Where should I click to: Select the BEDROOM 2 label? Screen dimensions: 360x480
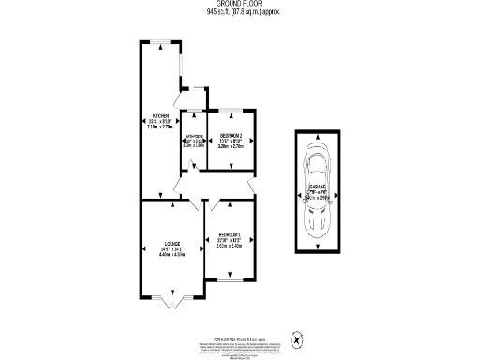pos(230,135)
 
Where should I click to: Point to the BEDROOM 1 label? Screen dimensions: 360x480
pos(230,234)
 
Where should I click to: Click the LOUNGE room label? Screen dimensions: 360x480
pos(170,243)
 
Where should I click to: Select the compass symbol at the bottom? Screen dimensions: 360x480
pos(297,339)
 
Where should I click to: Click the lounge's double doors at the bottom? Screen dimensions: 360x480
pos(170,302)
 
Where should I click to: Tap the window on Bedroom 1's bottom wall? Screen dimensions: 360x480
pos(230,278)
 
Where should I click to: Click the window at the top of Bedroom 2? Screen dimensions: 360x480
pos(230,112)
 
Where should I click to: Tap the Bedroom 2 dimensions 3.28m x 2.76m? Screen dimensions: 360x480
pos(230,147)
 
